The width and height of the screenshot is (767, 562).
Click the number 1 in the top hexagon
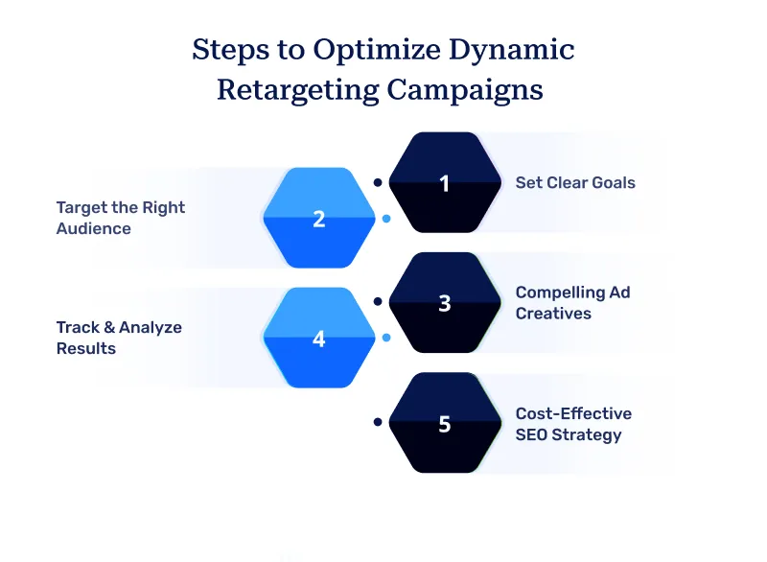(x=444, y=183)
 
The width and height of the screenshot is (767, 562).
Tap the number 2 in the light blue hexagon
(x=319, y=219)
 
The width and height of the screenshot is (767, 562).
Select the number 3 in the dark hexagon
(x=444, y=303)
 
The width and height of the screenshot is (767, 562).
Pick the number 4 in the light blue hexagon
(x=319, y=339)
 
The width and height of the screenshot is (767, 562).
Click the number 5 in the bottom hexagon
(x=444, y=423)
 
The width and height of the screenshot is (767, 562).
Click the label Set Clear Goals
(x=575, y=182)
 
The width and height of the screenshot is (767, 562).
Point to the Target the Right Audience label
(x=120, y=218)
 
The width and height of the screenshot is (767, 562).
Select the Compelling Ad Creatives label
(x=572, y=302)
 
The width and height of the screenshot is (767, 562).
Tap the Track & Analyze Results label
(x=118, y=338)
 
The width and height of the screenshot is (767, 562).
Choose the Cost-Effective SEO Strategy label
(x=573, y=424)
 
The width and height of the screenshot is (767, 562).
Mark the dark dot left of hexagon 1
(x=378, y=181)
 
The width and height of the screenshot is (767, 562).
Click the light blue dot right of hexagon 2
(x=386, y=219)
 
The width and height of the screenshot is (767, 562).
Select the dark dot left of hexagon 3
(x=378, y=301)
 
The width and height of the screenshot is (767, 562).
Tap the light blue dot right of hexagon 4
(x=386, y=338)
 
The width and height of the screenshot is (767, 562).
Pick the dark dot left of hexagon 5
(x=378, y=421)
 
